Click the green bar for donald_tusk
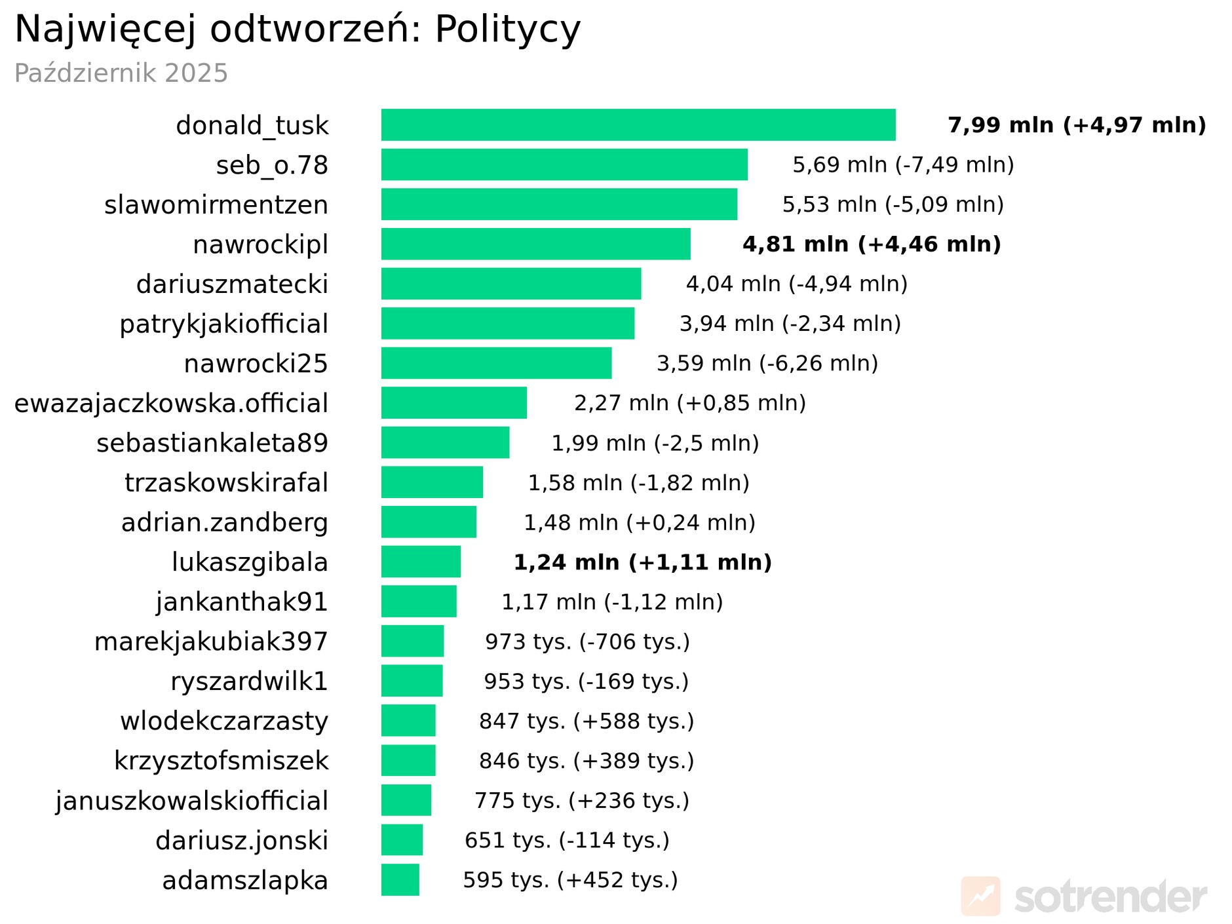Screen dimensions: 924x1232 click(638, 125)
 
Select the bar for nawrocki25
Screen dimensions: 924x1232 click(496, 363)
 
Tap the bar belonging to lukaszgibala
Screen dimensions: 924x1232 click(421, 562)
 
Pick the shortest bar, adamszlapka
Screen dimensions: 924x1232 click(400, 879)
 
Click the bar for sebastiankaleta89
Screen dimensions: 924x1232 click(445, 442)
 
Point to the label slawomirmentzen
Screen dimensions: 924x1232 click(216, 205)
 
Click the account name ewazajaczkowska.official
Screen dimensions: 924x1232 click(171, 404)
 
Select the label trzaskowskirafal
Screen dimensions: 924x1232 click(226, 483)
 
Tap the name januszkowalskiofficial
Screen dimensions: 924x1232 click(191, 801)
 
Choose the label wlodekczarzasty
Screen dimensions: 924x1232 click(224, 721)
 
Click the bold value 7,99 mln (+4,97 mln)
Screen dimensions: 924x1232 click(1076, 125)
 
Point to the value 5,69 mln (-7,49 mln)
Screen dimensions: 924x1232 click(903, 164)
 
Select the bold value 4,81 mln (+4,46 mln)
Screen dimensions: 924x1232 click(872, 244)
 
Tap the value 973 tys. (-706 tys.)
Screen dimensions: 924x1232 click(587, 642)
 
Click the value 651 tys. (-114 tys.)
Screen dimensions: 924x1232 click(567, 840)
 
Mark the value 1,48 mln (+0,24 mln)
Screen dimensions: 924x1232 click(639, 522)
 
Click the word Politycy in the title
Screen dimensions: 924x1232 click(507, 29)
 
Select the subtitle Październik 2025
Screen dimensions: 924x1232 click(121, 73)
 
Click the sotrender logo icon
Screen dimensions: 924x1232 click(980, 896)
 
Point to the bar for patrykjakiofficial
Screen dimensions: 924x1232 click(507, 324)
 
